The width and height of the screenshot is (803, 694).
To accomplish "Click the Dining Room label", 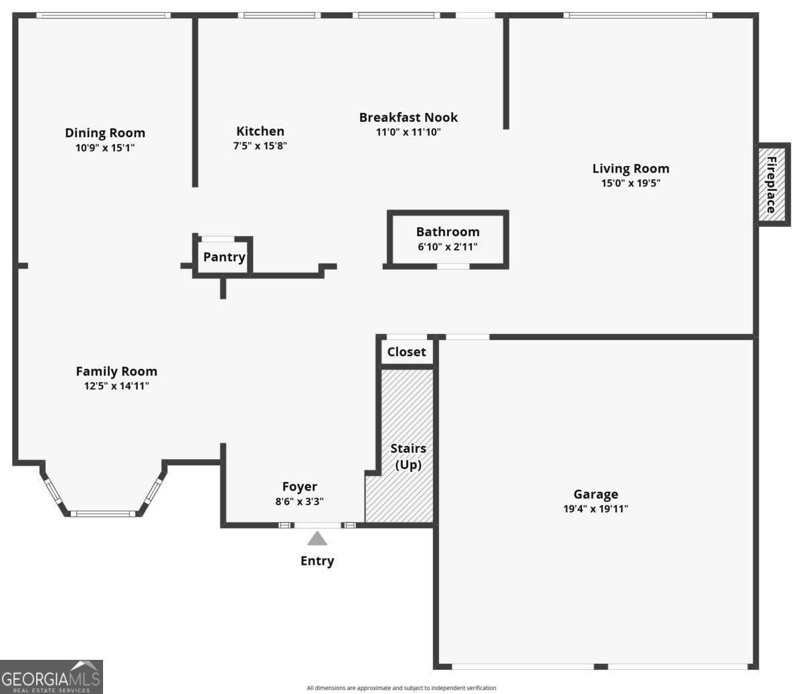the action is [105, 133].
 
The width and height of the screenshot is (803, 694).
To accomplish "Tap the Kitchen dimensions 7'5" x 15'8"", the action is [260, 146].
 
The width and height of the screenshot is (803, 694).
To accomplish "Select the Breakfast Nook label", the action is [408, 117].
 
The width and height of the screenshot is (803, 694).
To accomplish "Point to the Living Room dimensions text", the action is [630, 183].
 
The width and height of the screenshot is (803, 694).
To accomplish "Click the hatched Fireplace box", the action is [772, 185].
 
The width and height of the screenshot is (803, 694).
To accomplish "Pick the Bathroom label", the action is [448, 232].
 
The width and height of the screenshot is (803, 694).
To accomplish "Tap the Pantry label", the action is [224, 257].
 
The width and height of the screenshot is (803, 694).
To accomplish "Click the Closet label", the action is [406, 351].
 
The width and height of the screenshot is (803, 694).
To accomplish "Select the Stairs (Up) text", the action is [408, 456].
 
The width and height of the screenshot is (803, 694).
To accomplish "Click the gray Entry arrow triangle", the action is [317, 539].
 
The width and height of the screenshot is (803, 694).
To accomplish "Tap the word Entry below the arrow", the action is [317, 561].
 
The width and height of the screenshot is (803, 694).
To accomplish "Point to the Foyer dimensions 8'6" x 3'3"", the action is [300, 501].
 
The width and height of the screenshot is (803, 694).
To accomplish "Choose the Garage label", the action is [596, 495].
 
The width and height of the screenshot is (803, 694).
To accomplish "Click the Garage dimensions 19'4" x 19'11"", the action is [596, 509].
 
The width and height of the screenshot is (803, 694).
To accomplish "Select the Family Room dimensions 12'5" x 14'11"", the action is [116, 386].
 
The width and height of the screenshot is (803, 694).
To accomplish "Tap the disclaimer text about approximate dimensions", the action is [401, 688].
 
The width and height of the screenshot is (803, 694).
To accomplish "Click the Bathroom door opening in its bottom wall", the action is [453, 266].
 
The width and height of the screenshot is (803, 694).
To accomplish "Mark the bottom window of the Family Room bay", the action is [103, 514].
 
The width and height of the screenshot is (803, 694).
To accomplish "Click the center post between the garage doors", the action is [601, 667].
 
